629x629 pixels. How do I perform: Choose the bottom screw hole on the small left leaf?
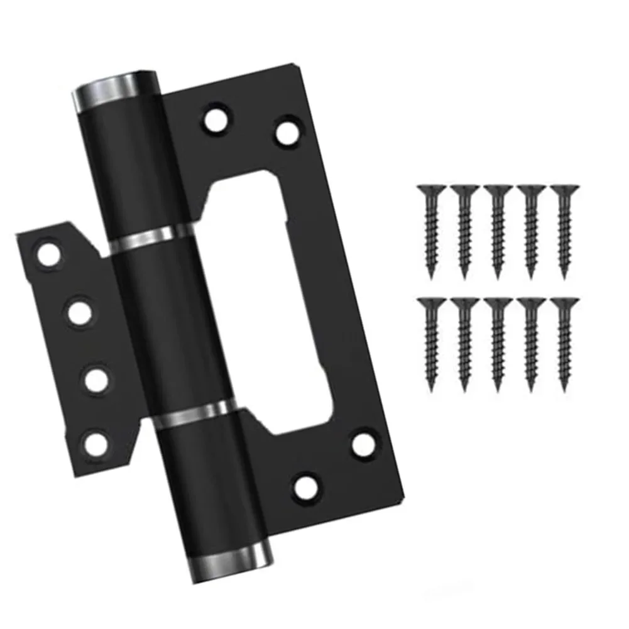96,444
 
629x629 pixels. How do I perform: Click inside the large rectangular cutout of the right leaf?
270,302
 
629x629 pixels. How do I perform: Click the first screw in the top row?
431,229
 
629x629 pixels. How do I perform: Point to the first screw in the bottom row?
431,343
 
